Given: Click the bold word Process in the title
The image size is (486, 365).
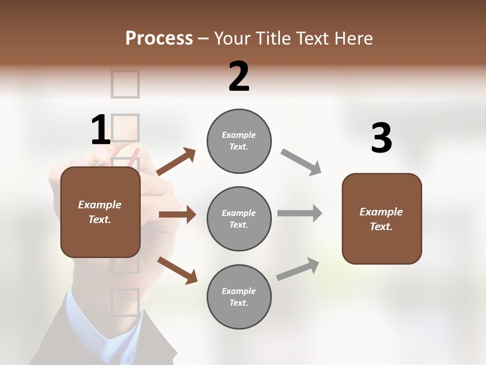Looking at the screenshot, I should click(159, 38).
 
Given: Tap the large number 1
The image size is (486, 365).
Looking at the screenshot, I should click(100, 130).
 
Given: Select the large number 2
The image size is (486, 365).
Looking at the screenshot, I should click(239, 77).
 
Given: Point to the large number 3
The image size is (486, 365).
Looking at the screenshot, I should click(382, 138).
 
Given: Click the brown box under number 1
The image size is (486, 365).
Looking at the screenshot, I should click(100, 212).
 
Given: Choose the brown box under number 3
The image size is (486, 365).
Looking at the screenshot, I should click(382, 218).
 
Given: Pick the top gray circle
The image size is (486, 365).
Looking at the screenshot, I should click(239, 141).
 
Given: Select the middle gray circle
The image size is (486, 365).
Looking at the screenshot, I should click(239, 218).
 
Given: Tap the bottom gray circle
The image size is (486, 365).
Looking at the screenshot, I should click(239, 297).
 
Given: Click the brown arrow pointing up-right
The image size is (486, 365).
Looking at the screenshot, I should click(176, 162).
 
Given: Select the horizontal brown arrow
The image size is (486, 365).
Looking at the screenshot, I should click(177, 214).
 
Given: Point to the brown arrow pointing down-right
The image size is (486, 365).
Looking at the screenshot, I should click(178, 270).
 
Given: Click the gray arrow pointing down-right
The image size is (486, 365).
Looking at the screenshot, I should click(301, 162).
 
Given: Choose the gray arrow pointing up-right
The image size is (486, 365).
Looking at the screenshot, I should click(298, 269).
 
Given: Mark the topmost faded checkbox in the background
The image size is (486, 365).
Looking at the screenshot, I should click(125, 84).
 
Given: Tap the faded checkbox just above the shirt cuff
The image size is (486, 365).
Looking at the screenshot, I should click(125, 302).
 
